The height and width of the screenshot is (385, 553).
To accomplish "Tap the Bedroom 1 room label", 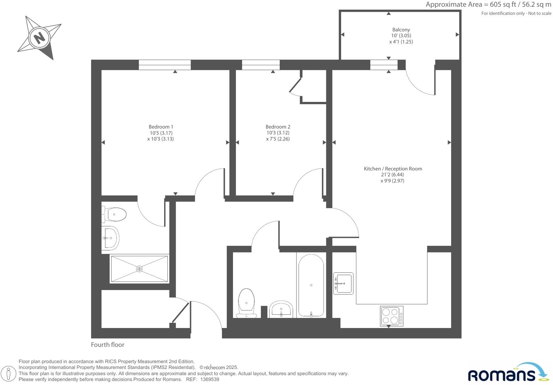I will [161, 127].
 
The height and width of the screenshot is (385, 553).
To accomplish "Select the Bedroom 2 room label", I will [278, 127].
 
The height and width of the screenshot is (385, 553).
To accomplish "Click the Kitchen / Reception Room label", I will [393, 169].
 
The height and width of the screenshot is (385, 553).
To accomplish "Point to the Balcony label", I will [401, 30].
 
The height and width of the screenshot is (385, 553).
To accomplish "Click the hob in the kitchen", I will [392, 316].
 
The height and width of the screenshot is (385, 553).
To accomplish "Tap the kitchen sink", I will [343, 283].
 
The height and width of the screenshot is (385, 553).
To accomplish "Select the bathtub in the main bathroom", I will [311, 285].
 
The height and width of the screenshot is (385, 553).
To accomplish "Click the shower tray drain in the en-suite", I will [139, 269].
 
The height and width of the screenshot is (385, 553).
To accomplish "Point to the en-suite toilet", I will [115, 215].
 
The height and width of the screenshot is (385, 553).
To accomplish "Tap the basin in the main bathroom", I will [281, 309].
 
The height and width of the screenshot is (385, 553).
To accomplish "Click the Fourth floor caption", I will [108, 345].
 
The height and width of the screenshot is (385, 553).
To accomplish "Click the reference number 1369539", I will [210, 380].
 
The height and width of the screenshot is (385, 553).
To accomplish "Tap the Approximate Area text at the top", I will [488, 5].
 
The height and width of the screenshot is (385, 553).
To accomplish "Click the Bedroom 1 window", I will [165, 65].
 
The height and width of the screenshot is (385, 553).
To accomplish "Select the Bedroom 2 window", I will [261, 65].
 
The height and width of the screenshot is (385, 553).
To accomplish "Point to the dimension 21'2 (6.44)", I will [392, 175].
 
